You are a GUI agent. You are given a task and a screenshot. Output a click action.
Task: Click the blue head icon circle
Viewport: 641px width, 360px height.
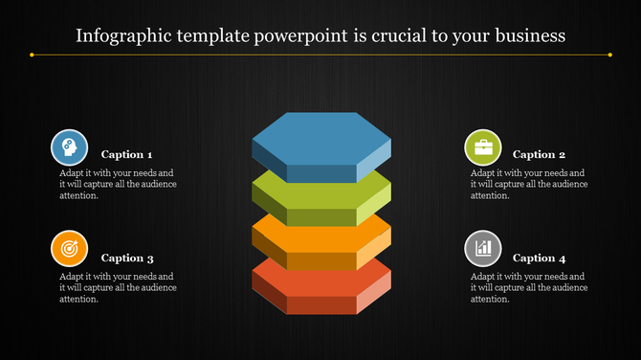point(69,147)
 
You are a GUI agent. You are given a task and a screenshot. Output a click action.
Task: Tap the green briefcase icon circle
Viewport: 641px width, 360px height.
point(482,147)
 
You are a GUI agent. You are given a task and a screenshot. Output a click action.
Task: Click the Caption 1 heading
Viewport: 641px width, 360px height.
point(126,154)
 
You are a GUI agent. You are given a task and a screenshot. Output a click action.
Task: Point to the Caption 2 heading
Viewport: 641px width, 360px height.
point(539,154)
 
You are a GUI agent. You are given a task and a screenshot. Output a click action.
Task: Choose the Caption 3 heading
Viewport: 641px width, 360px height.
point(126,258)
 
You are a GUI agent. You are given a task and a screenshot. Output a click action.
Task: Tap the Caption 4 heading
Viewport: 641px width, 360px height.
point(539,258)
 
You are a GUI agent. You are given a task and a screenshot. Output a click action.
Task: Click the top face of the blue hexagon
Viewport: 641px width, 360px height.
point(320,138)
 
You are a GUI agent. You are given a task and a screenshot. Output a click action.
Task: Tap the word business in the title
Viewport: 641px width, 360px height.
point(529,36)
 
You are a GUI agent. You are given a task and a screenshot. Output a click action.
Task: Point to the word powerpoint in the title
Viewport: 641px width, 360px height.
point(289,36)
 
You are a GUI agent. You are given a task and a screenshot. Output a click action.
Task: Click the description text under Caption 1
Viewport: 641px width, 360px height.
point(117,184)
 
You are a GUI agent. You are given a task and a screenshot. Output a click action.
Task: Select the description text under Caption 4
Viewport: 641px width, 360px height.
point(529,287)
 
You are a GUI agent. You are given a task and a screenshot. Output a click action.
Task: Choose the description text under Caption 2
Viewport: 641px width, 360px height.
point(529,184)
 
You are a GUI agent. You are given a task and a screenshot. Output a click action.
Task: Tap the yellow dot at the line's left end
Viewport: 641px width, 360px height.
point(33,55)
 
